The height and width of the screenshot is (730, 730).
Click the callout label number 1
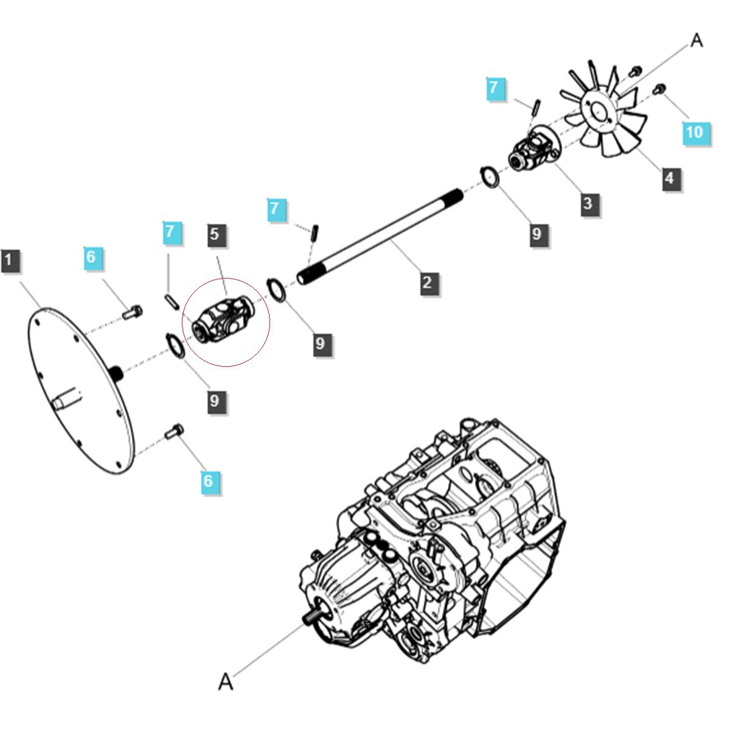click(9, 261)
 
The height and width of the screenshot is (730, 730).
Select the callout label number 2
click(428, 282)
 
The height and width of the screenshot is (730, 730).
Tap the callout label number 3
click(588, 203)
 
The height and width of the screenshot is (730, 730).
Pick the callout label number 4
click(670, 178)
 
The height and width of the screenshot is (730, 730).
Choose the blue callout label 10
click(694, 132)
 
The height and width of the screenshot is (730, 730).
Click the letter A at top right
click(697, 41)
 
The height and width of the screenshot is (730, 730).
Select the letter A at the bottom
click(226, 682)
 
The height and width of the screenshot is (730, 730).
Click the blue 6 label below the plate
click(208, 481)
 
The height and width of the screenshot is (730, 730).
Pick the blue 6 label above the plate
click(91, 257)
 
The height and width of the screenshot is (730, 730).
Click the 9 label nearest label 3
click(537, 234)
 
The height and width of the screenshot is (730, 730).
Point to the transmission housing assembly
click(438, 547)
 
